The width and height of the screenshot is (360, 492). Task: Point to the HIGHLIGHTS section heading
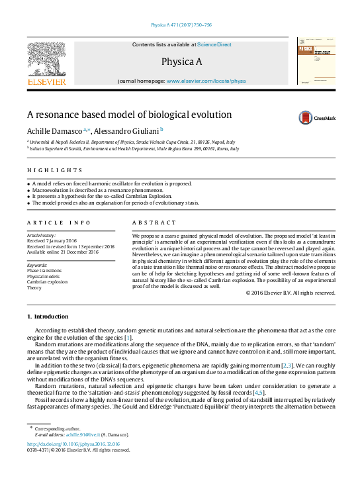(x=42, y=170)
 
